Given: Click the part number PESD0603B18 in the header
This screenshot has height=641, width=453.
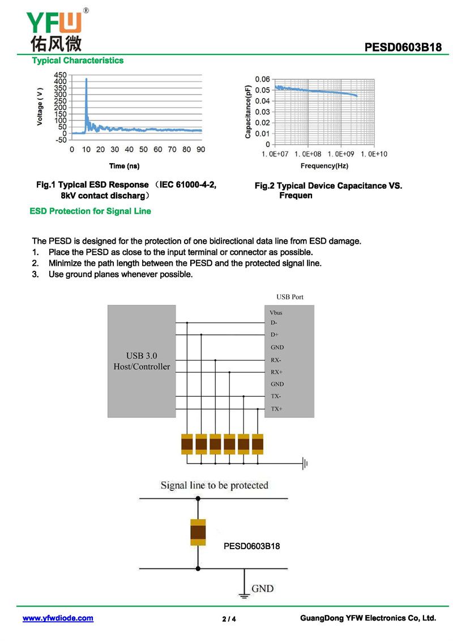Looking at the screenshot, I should click(403, 48).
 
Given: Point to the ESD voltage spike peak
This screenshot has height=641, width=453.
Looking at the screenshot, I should click(86, 79).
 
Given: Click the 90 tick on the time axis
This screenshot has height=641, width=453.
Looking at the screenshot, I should click(200, 150).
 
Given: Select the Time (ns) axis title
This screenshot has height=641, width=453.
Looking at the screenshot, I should click(124, 166).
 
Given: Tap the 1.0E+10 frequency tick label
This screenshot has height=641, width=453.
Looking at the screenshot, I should click(373, 154).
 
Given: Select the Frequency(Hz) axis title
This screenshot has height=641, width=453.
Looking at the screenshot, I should click(324, 166).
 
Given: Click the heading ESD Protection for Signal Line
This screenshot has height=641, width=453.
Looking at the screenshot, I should click(90, 211).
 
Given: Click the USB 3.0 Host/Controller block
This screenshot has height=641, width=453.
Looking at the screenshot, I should click(142, 361).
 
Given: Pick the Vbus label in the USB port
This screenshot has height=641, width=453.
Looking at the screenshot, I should click(276, 313).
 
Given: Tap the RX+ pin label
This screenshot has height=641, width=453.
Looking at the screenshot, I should click(276, 372).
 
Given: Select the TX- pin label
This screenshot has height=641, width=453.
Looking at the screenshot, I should click(276, 397).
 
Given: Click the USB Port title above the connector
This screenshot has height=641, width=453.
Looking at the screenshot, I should click(290, 297).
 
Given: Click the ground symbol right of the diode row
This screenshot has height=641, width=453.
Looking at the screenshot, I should click(305, 464).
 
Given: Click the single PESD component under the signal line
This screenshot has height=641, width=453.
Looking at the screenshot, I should click(198, 532).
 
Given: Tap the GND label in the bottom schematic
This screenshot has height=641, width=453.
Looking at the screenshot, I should click(262, 588).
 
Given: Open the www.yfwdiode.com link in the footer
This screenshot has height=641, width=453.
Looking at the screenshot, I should click(58, 618).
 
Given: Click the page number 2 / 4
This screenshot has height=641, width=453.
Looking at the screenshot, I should click(229, 619).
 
